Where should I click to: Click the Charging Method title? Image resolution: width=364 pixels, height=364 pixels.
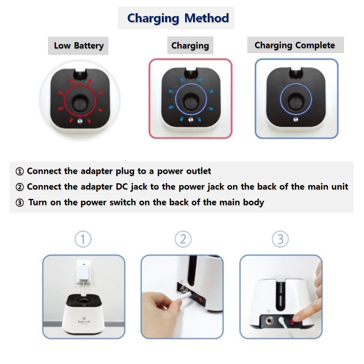[178, 18]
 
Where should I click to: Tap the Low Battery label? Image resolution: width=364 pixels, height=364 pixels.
[79, 46]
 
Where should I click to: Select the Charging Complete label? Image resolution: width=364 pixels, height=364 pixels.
[295, 45]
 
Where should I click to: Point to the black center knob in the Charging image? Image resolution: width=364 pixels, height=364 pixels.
[190, 102]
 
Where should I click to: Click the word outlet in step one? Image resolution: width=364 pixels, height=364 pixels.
[199, 171]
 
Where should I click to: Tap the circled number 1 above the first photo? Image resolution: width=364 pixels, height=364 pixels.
[83, 239]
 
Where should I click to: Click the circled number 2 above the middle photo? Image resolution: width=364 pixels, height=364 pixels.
[183, 239]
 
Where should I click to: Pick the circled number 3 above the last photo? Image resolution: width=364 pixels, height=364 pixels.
[280, 239]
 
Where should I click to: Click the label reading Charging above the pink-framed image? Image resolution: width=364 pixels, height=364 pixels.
[190, 46]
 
